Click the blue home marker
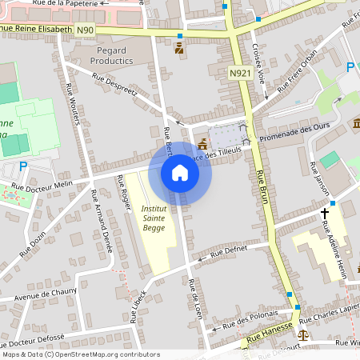click(x=180, y=173)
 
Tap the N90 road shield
click(x=86, y=30)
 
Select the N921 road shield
click(x=238, y=73)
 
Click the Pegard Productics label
click(x=111, y=54)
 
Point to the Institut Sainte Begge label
click(x=155, y=218)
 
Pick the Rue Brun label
click(x=266, y=195)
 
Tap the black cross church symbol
click(x=325, y=214)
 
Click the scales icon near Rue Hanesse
click(x=303, y=333)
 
